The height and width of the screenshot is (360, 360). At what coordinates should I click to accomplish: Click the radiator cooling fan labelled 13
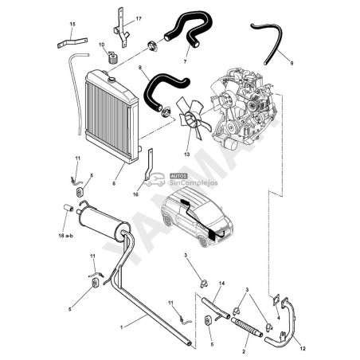[x=189, y=116]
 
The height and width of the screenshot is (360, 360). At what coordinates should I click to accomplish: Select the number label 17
[x=138, y=18]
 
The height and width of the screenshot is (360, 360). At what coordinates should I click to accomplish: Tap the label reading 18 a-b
[x=66, y=237]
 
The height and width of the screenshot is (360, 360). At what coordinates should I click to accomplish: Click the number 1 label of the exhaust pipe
[x=122, y=327]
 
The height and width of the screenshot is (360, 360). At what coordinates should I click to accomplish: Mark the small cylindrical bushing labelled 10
[x=112, y=57]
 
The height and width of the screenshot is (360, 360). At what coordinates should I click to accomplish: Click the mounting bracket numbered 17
[x=122, y=26]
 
